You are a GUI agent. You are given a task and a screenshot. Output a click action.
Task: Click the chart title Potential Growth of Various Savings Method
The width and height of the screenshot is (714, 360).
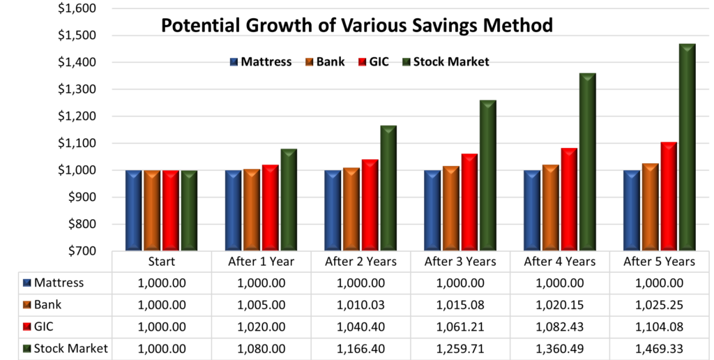pos(357,26)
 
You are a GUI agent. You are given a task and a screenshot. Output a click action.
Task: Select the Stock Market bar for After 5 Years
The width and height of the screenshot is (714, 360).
pos(688,147)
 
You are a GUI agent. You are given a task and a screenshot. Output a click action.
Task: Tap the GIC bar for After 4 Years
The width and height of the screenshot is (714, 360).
pos(569,199)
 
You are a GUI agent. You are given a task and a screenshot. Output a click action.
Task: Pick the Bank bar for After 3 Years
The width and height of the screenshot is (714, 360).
pos(451,208)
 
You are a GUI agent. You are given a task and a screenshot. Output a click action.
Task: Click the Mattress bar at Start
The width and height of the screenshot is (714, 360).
pos(134,210)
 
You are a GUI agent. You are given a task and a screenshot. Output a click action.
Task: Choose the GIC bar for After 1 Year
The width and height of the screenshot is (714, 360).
pos(270,207)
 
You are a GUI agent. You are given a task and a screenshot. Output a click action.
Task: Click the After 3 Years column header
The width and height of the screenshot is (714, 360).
pos(461,262)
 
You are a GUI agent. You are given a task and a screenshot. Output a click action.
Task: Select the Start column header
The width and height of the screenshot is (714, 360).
pos(162,262)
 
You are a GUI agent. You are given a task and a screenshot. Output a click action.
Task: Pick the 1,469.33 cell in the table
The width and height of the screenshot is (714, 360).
pos(660,349)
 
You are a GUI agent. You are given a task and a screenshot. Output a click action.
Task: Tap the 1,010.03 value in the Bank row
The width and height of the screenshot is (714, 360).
pos(361,305)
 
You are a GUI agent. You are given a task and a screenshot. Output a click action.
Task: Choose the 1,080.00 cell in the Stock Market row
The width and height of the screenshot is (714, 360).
pos(261,349)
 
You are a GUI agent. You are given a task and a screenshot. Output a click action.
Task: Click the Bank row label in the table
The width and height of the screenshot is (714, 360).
pos(48,305)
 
